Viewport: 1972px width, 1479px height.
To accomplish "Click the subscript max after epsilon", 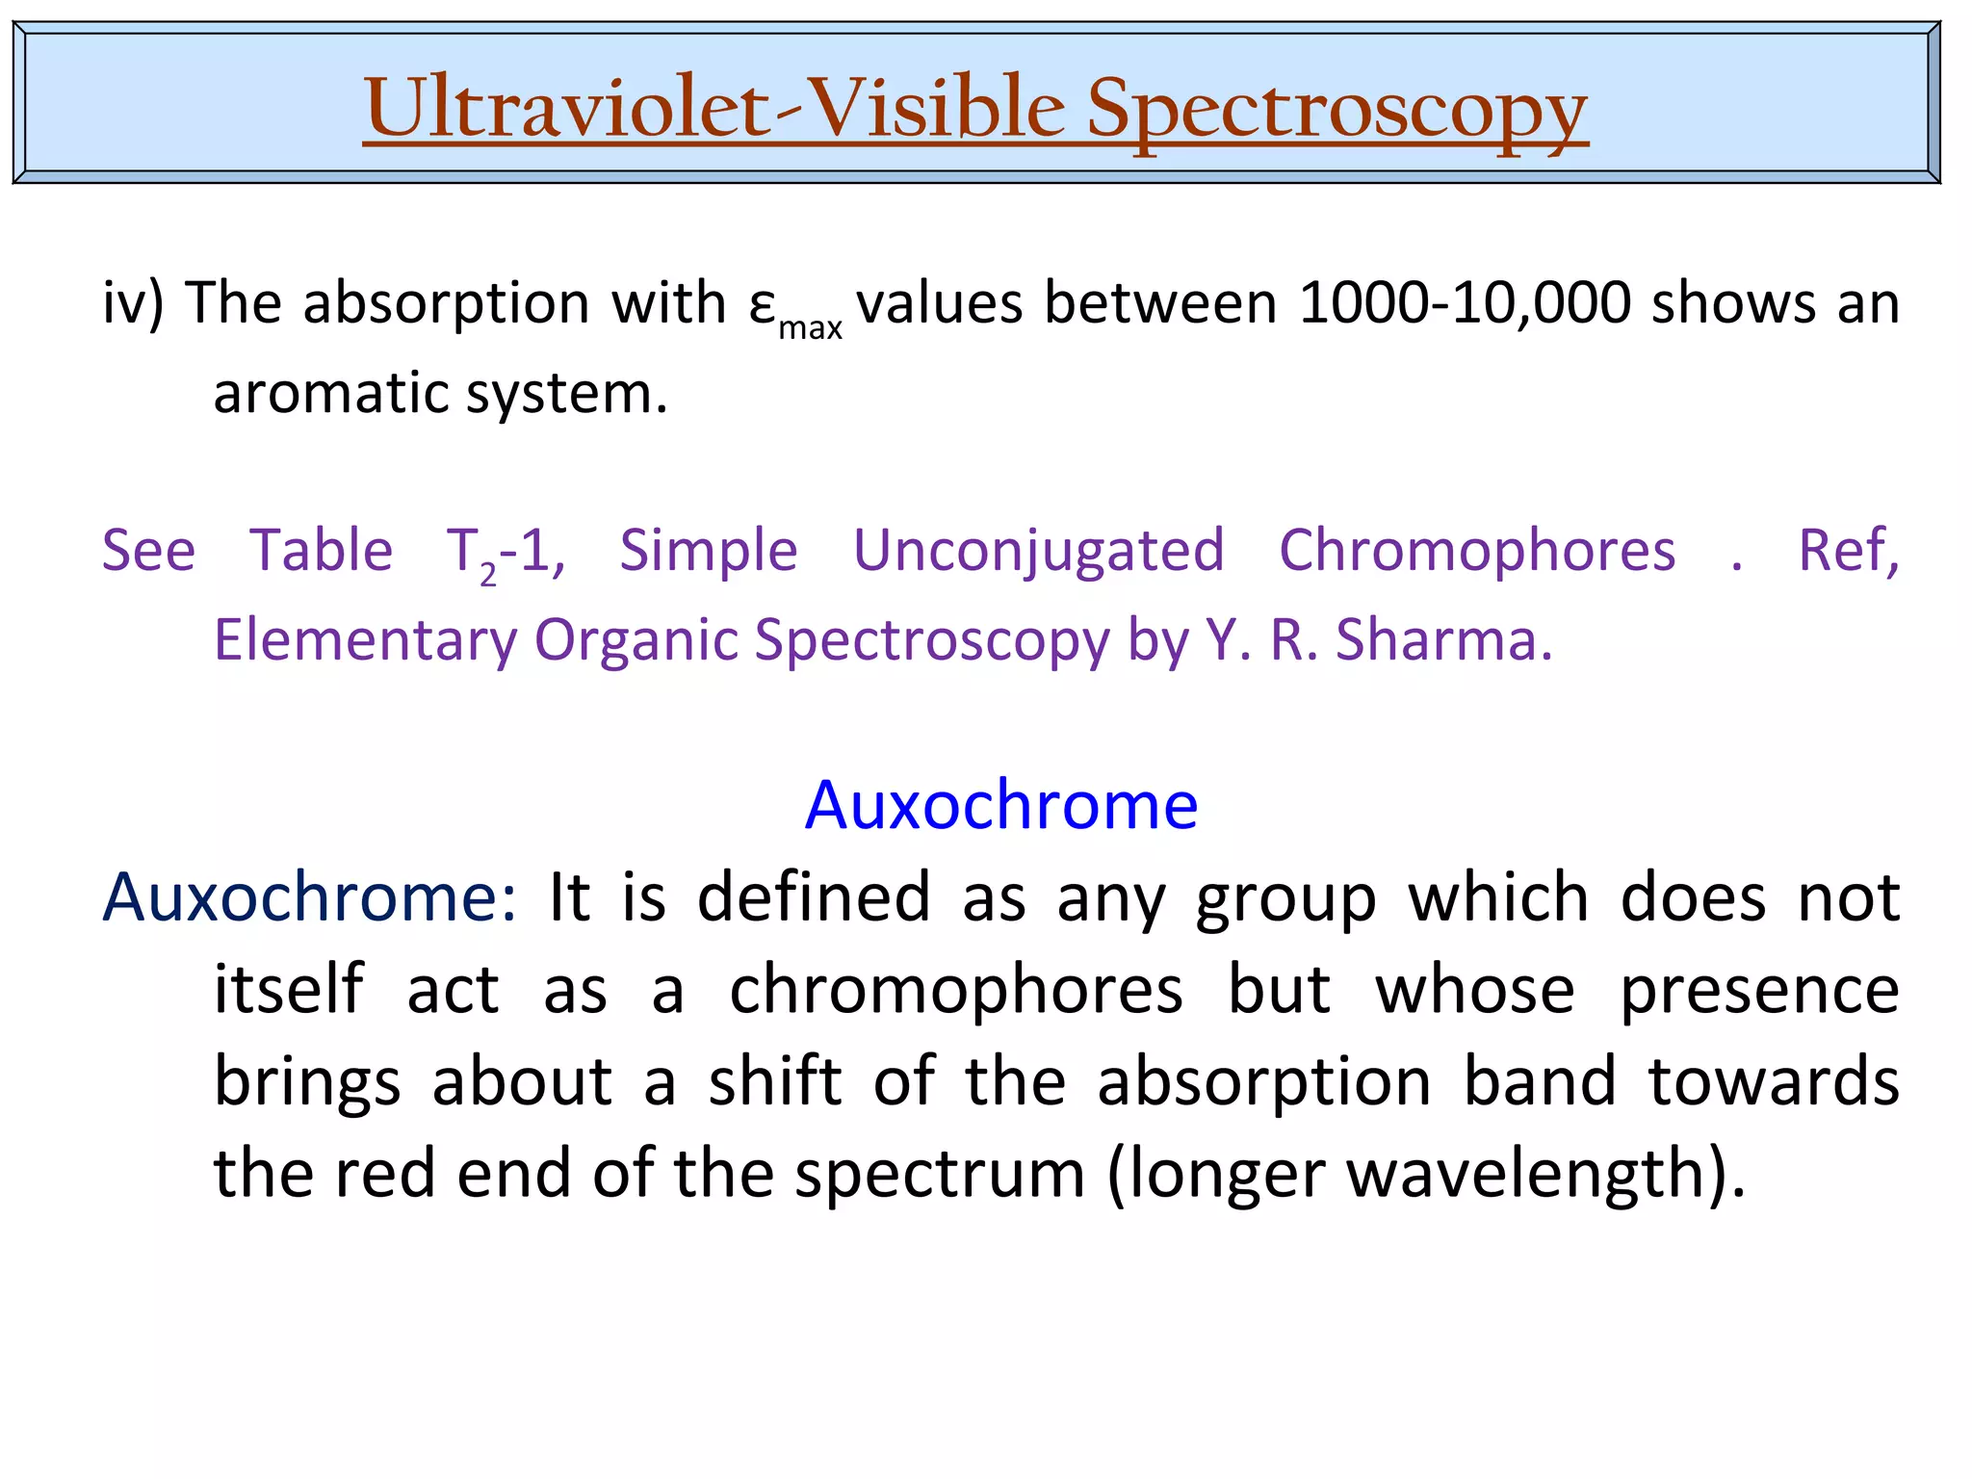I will click(x=810, y=328).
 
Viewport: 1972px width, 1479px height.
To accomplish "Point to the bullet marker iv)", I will click(x=133, y=303).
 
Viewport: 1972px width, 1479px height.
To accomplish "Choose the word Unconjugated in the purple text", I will click(x=1038, y=551).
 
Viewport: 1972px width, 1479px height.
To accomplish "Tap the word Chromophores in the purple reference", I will click(x=1476, y=551).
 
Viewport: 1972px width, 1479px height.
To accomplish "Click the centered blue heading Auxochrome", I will click(x=1001, y=805).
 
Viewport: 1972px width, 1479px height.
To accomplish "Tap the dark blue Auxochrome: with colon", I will click(x=309, y=897).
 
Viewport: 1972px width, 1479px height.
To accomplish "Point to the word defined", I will click(x=814, y=897).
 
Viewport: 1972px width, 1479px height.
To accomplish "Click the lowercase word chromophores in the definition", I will click(x=955, y=990).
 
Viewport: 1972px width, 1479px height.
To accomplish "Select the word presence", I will click(x=1759, y=990).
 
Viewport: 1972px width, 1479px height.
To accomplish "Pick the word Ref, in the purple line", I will click(x=1848, y=551).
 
